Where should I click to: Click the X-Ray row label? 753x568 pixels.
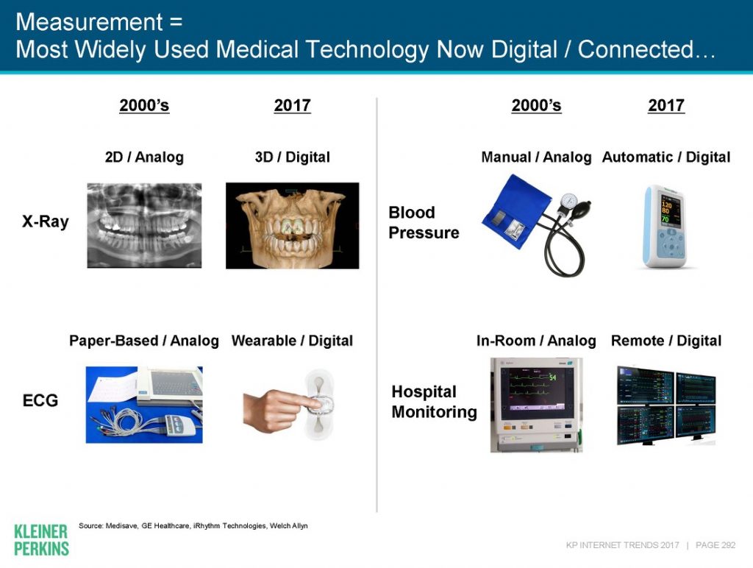point(45,221)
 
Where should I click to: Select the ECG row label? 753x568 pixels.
point(40,401)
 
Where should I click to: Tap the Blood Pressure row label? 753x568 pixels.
point(424,222)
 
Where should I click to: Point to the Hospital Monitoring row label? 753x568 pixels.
point(434,402)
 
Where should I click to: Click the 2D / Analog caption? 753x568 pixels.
point(144,157)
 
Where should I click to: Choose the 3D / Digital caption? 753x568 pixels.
point(293,157)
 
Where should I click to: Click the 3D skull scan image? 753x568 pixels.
point(293,225)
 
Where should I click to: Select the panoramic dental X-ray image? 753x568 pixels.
point(144,225)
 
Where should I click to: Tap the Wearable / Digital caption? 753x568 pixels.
point(293,341)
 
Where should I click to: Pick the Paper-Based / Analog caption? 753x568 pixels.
point(144,341)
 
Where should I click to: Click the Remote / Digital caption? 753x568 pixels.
point(666,341)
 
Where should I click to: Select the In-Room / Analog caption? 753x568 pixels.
point(536,341)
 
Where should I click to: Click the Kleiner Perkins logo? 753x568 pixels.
point(41,540)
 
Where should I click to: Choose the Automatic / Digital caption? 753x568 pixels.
point(666,157)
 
